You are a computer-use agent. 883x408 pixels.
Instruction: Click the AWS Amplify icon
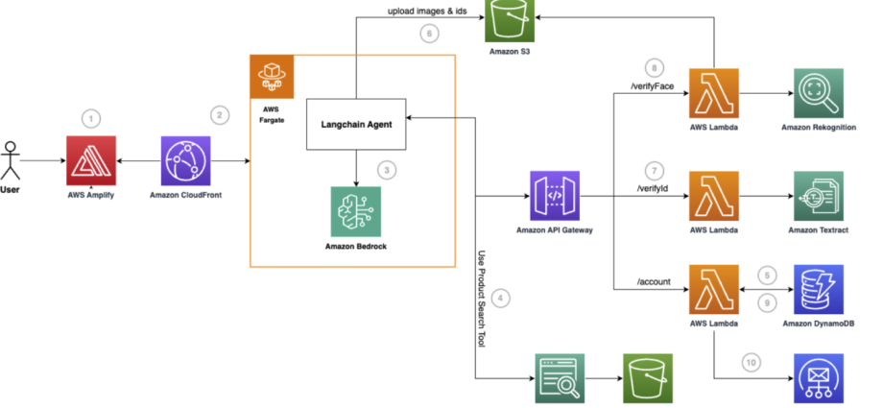[x=91, y=160]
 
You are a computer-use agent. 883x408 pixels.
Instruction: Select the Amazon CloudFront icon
[x=186, y=160]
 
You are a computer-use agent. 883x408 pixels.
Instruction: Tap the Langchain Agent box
[x=356, y=125]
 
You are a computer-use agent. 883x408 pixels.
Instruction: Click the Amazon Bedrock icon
[x=356, y=211]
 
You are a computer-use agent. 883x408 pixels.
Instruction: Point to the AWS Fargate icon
[x=272, y=77]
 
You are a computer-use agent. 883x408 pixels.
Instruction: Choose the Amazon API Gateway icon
[x=555, y=196]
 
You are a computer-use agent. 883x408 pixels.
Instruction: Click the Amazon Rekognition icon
[x=819, y=93]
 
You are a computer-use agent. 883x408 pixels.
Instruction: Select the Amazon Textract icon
[x=819, y=196]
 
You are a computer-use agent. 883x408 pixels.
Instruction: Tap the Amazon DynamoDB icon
[x=819, y=290]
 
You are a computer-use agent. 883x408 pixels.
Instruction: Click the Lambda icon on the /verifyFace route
[x=714, y=93]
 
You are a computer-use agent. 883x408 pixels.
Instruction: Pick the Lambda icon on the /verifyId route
[x=714, y=196]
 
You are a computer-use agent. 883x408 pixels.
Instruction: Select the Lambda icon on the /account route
[x=714, y=290]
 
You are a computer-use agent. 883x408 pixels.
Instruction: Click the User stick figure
[x=10, y=160]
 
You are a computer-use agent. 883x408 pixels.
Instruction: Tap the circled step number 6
[x=429, y=34]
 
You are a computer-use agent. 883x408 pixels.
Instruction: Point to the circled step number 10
[x=751, y=363]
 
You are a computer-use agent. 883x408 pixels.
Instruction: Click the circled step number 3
[x=386, y=170]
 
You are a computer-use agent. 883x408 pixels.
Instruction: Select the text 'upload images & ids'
[x=427, y=11]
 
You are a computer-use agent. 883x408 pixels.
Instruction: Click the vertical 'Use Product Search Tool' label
[x=482, y=300]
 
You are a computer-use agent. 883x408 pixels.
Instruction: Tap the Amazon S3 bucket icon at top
[x=510, y=21]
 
